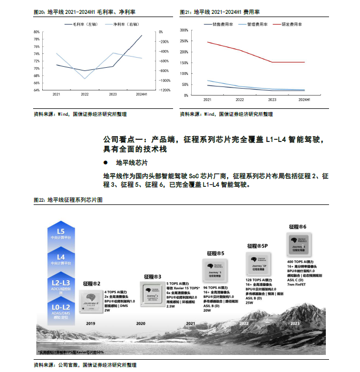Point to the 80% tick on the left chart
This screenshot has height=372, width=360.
point(36,32)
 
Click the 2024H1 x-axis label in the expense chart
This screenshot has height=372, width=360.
point(304,100)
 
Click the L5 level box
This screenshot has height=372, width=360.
point(60,234)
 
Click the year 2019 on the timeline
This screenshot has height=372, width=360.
point(90,323)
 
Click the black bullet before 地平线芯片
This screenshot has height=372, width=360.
point(106,162)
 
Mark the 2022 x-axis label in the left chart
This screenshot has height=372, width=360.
point(84,94)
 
